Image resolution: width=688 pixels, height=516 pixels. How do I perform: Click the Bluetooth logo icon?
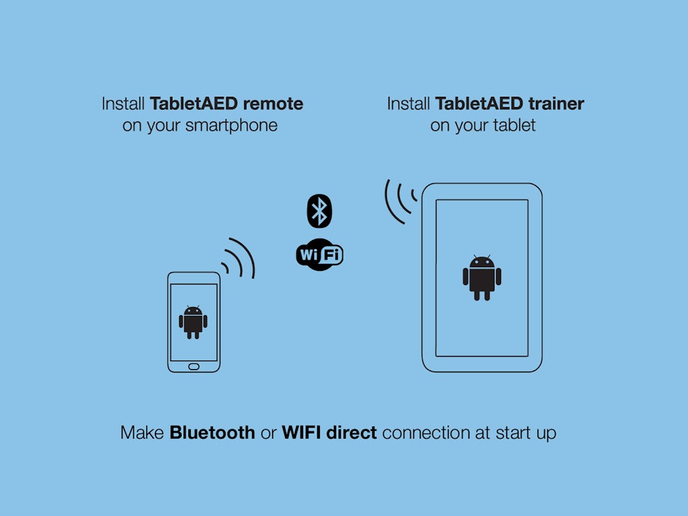pyautogui.click(x=319, y=210)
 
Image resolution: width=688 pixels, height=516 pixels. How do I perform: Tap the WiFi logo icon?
pyautogui.click(x=319, y=254)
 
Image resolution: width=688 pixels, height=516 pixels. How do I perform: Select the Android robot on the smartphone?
pyautogui.click(x=193, y=321)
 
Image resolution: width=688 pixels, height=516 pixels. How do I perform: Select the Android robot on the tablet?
pyautogui.click(x=482, y=277)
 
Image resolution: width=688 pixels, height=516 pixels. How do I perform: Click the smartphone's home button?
pyautogui.click(x=193, y=366)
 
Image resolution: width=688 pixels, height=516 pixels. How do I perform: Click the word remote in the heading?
pyautogui.click(x=271, y=103)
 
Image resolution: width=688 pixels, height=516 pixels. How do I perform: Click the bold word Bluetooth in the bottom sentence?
pyautogui.click(x=212, y=432)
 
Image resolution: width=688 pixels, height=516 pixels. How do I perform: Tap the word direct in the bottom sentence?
pyautogui.click(x=351, y=432)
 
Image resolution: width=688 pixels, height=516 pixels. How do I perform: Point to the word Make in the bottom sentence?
pyautogui.click(x=143, y=432)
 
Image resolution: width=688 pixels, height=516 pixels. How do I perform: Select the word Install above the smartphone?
pyautogui.click(x=124, y=103)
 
